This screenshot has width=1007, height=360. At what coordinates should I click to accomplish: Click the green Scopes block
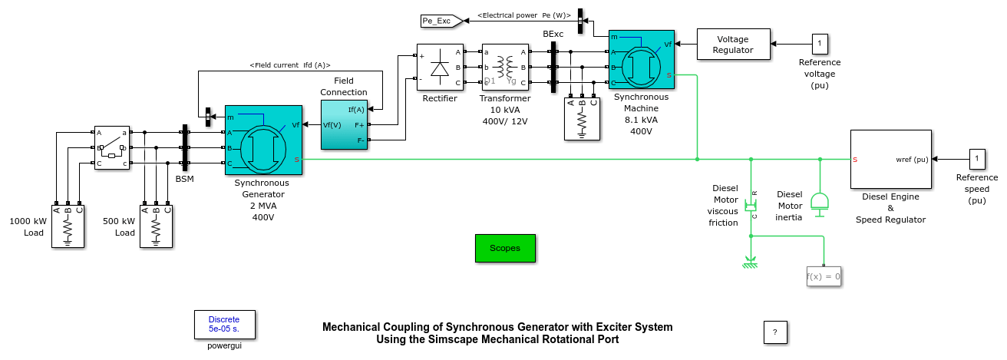click(x=505, y=248)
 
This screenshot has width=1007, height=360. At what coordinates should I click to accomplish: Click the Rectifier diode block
click(x=439, y=68)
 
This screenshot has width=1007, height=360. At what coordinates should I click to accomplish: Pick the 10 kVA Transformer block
click(x=505, y=68)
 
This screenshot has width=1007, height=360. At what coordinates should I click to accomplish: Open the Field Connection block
click(x=344, y=124)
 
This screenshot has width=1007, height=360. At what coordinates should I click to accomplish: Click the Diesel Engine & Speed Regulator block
click(x=890, y=159)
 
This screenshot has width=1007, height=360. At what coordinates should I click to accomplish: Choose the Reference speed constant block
click(x=976, y=159)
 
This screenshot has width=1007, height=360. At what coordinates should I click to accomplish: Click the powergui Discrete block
click(x=223, y=324)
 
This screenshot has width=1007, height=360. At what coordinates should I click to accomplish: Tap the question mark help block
click(x=775, y=332)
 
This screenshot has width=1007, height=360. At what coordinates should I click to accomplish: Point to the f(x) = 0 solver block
click(x=824, y=276)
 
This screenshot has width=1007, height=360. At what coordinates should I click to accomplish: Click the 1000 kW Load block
click(x=68, y=226)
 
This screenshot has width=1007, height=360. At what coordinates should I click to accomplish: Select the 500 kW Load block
click(x=156, y=226)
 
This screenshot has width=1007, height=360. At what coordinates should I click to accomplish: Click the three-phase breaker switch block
click(x=112, y=147)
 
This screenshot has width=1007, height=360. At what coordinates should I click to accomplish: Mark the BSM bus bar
click(x=185, y=147)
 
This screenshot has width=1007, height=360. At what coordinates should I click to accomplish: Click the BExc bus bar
click(x=553, y=68)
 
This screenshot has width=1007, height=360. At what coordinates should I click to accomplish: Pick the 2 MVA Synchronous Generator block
click(x=263, y=140)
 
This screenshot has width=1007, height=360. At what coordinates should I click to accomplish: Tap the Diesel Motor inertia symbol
click(x=820, y=202)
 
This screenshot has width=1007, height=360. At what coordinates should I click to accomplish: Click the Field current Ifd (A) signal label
click(x=290, y=65)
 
